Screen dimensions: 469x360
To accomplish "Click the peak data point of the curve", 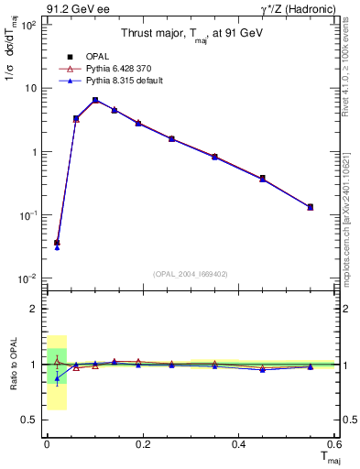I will (95, 100).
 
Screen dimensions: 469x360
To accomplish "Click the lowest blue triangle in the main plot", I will (57, 247).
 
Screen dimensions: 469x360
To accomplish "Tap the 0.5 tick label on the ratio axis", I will (29, 420).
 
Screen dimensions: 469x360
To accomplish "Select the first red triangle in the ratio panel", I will (57, 361).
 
